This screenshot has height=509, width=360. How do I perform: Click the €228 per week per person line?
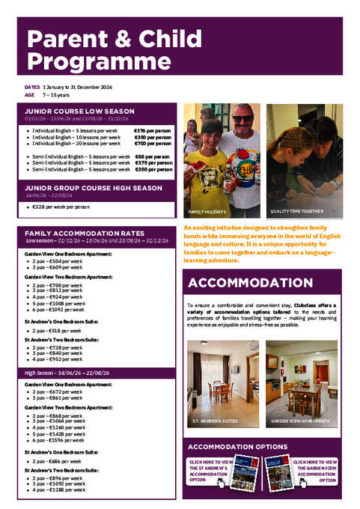(x=60, y=207)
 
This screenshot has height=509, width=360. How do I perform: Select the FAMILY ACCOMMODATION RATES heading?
(x=85, y=233)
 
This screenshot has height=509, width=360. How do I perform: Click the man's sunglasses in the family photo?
(x=242, y=119)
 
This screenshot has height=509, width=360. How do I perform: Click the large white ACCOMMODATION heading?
(x=251, y=283)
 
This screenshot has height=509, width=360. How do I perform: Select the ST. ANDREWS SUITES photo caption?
(x=216, y=421)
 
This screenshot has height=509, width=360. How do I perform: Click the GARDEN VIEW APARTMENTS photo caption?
(x=300, y=421)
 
